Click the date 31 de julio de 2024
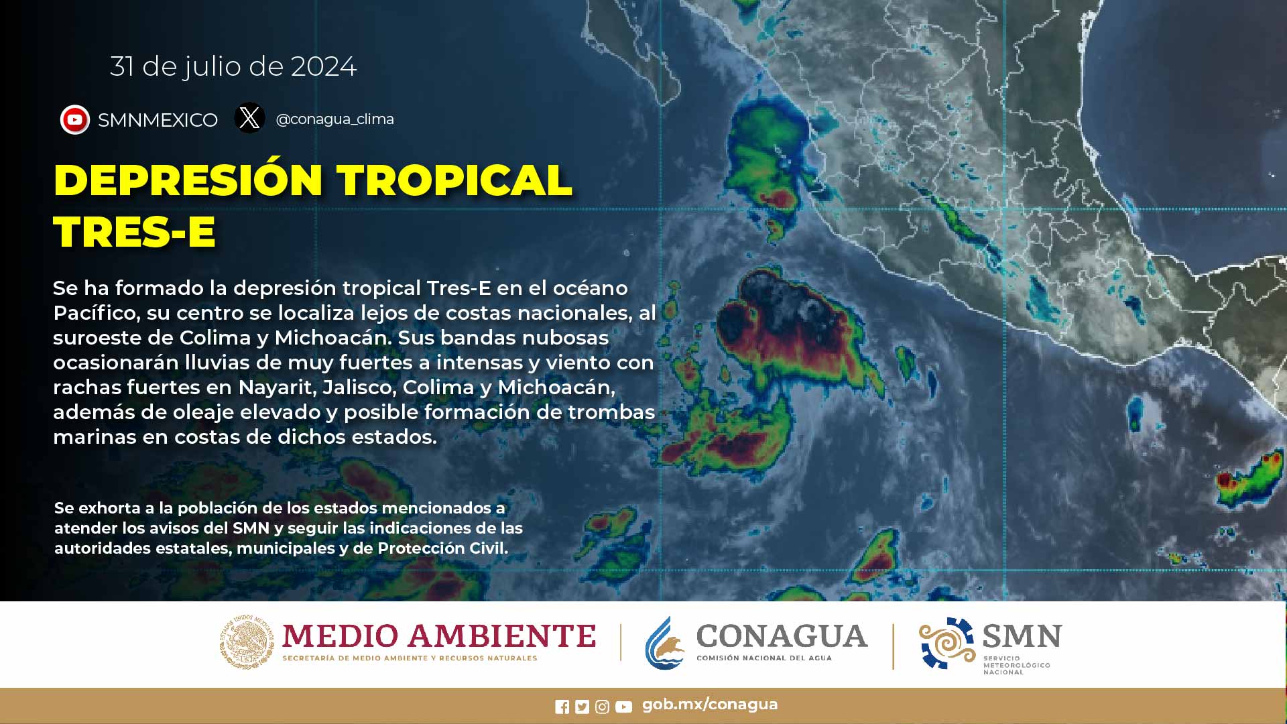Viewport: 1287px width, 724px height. (233, 66)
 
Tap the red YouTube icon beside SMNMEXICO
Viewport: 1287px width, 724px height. (75, 120)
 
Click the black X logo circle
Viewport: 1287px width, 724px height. (249, 118)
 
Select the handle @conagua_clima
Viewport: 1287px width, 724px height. (334, 119)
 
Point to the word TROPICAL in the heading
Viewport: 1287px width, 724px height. (454, 180)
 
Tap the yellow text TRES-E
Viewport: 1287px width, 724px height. (134, 232)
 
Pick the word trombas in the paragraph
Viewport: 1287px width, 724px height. (611, 412)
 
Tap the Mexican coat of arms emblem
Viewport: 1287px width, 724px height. (247, 642)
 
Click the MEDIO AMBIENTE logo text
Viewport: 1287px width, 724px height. (439, 636)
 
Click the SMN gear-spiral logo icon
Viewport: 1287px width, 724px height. (946, 644)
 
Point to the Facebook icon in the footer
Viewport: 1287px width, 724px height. (562, 707)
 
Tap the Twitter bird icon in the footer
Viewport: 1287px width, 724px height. (582, 707)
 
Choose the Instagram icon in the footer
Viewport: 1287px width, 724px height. (602, 707)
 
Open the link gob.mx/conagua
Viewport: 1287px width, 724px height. (710, 705)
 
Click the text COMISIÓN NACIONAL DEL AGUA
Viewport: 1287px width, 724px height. (764, 658)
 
